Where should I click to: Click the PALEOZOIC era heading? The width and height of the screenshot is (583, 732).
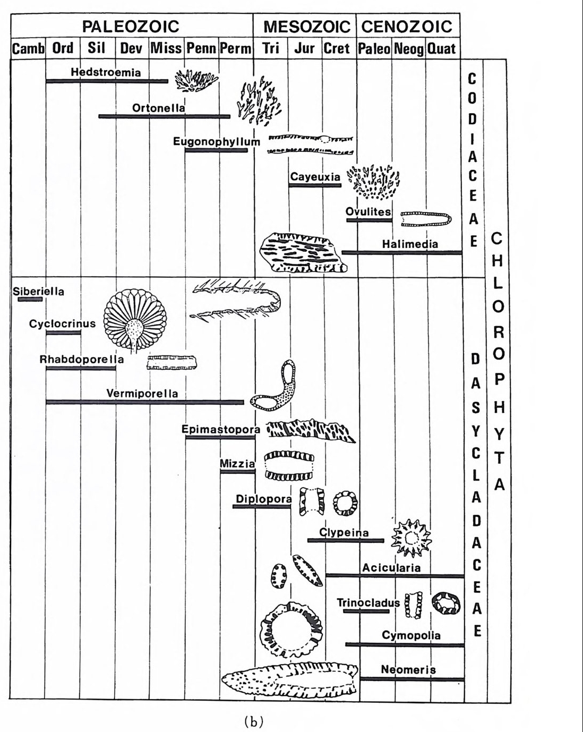coord(131,26)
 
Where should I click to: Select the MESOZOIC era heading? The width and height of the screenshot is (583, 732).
coord(306,27)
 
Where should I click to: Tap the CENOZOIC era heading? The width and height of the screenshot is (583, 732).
coord(407,27)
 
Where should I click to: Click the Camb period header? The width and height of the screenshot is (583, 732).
coord(28,48)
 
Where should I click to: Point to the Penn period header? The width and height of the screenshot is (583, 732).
coord(201,48)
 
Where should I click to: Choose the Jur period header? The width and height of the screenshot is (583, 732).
coord(304,48)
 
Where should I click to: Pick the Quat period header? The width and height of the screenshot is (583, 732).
coord(442,49)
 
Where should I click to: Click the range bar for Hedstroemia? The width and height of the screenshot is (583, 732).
coord(106,81)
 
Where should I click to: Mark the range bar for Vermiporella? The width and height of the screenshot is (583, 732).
coord(144,402)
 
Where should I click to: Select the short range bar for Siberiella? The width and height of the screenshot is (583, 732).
coord(30,300)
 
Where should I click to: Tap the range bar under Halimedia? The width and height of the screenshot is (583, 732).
coord(402,253)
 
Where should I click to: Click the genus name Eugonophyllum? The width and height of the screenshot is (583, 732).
coord(217,142)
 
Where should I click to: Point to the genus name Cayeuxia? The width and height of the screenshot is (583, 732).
coord(315,177)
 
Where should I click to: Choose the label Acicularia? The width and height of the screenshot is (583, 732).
coord(391,568)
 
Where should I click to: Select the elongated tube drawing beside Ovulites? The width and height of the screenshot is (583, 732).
coord(426,219)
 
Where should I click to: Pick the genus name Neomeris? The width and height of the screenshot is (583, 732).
coord(408,670)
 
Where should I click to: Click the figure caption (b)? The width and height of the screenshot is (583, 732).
coord(253,722)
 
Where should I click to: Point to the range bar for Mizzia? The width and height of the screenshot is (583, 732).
coord(237,472)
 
